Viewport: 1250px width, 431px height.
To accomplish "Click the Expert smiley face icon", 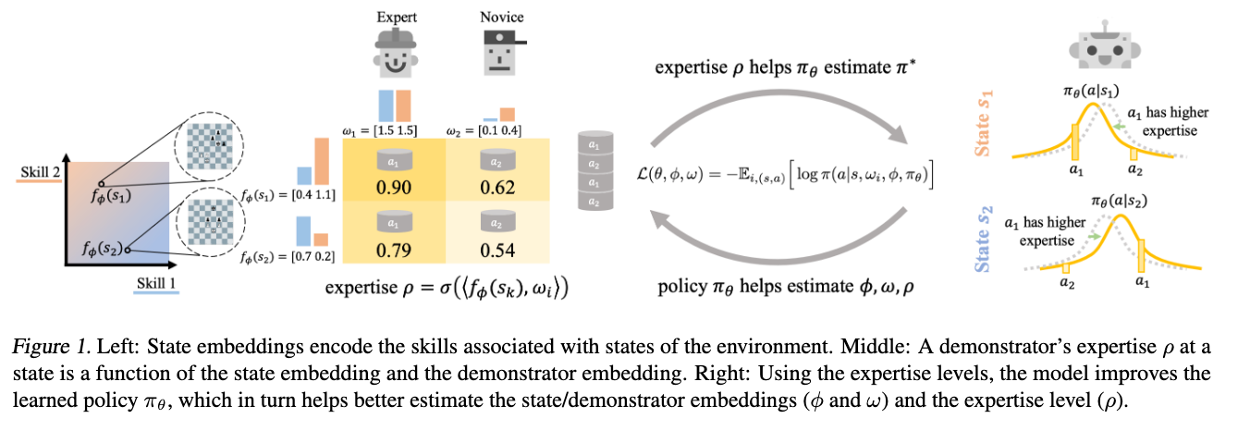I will pyautogui.click(x=396, y=55).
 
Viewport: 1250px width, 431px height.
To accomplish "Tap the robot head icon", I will pyautogui.click(x=1102, y=43).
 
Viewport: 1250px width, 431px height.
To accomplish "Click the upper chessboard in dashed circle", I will pyautogui.click(x=214, y=142).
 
